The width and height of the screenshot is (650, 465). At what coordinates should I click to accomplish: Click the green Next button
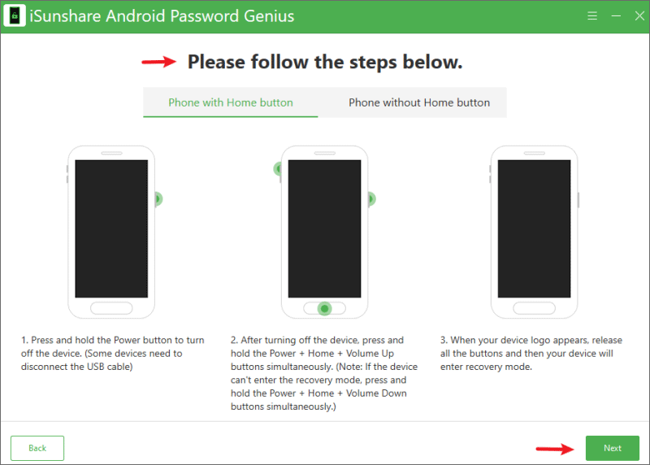pyautogui.click(x=612, y=448)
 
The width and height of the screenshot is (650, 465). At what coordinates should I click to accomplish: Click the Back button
pyautogui.click(x=37, y=448)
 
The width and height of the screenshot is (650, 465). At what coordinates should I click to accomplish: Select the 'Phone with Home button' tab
pyautogui.click(x=231, y=102)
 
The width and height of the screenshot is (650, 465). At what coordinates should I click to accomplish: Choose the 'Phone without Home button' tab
pyautogui.click(x=419, y=102)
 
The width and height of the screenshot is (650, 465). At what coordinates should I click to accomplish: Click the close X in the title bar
pyautogui.click(x=639, y=15)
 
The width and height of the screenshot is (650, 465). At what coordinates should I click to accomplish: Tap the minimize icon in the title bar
pyautogui.click(x=616, y=15)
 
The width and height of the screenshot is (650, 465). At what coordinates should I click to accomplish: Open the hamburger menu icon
pyautogui.click(x=592, y=15)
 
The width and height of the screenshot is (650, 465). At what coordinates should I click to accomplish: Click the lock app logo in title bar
pyautogui.click(x=15, y=15)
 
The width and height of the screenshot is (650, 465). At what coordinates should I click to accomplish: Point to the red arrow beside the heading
pyautogui.click(x=158, y=62)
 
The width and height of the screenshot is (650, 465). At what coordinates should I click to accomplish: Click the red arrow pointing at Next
pyautogui.click(x=555, y=449)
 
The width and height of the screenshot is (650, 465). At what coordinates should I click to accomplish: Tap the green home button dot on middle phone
pyautogui.click(x=324, y=309)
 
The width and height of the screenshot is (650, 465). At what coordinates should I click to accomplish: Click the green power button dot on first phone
pyautogui.click(x=158, y=199)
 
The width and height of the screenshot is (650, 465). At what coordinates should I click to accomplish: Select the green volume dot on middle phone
pyautogui.click(x=278, y=169)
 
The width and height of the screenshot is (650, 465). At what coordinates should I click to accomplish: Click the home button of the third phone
pyautogui.click(x=534, y=308)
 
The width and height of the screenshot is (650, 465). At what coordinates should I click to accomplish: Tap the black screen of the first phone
pyautogui.click(x=111, y=228)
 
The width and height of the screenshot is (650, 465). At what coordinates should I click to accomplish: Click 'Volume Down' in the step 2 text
pyautogui.click(x=376, y=393)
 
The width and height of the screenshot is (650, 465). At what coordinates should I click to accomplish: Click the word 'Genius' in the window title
pyautogui.click(x=269, y=16)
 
